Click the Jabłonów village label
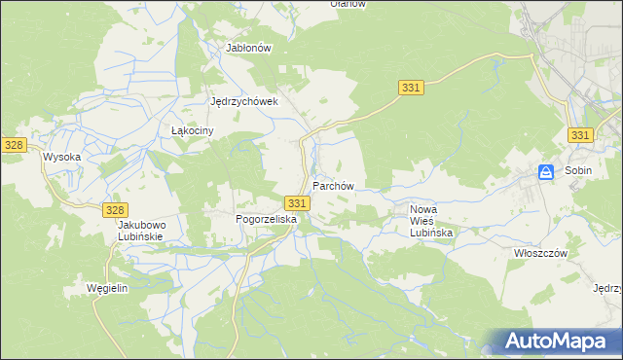point(247,47)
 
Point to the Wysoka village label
point(60,156)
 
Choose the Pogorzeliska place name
point(266,220)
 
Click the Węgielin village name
point(108,289)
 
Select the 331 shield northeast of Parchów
point(411,89)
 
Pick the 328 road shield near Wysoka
point(13,144)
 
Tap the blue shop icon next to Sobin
point(547,172)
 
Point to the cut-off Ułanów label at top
point(348,4)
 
